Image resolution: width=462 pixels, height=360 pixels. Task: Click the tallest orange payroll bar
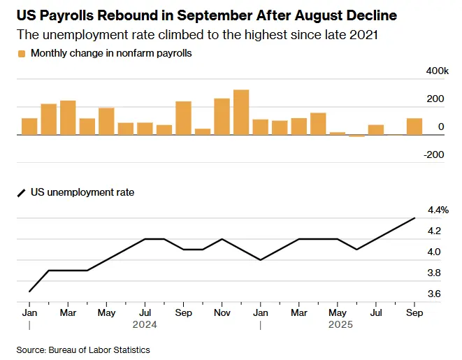click(x=241, y=113)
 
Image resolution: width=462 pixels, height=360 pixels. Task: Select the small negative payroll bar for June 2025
click(x=357, y=136)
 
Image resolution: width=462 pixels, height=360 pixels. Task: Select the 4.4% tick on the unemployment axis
click(x=438, y=210)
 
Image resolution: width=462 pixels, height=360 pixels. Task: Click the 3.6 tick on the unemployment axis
click(x=433, y=294)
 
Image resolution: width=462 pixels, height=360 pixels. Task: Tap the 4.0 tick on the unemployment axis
click(x=433, y=252)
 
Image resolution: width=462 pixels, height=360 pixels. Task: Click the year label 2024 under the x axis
click(x=145, y=324)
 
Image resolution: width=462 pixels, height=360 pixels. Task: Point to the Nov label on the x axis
click(x=222, y=312)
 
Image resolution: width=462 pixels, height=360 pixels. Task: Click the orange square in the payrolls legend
click(x=22, y=54)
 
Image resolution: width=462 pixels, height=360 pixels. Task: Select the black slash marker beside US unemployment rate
click(x=21, y=192)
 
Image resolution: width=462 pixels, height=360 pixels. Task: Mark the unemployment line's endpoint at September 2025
click(x=415, y=218)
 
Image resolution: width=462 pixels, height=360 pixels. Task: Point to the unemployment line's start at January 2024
click(x=29, y=291)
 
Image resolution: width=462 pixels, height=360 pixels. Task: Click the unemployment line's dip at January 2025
click(x=261, y=260)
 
